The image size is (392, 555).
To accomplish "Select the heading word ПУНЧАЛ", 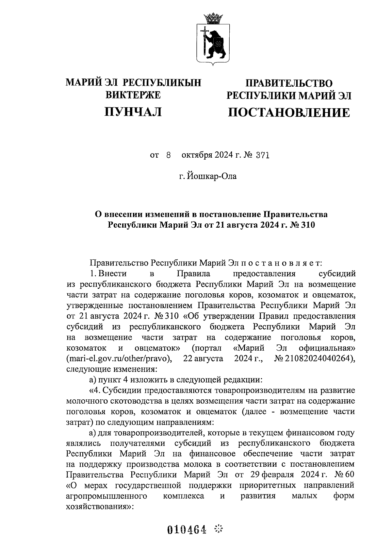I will point(133,112).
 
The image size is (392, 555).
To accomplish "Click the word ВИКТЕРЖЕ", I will point(133,95).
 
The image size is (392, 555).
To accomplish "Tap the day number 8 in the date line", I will point(169,155).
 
